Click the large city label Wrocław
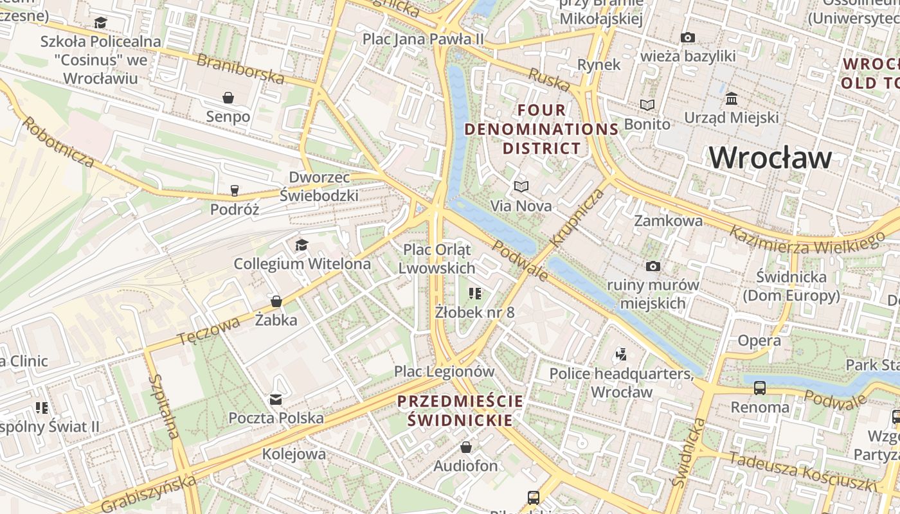click(x=771, y=157)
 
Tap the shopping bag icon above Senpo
click(x=228, y=98)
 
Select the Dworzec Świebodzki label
click(x=319, y=186)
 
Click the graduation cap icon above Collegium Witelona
click(x=301, y=245)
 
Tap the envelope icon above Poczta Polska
click(x=276, y=400)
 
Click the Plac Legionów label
click(x=444, y=371)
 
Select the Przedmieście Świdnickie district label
click(x=460, y=411)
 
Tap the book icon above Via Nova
click(x=521, y=187)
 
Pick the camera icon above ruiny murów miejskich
click(x=653, y=266)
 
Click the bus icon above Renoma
click(x=760, y=388)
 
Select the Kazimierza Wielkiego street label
click(x=807, y=238)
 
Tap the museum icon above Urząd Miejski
click(x=732, y=99)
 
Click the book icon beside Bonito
click(x=647, y=105)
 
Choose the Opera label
click(x=759, y=341)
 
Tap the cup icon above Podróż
click(x=235, y=190)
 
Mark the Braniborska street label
click(x=240, y=69)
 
